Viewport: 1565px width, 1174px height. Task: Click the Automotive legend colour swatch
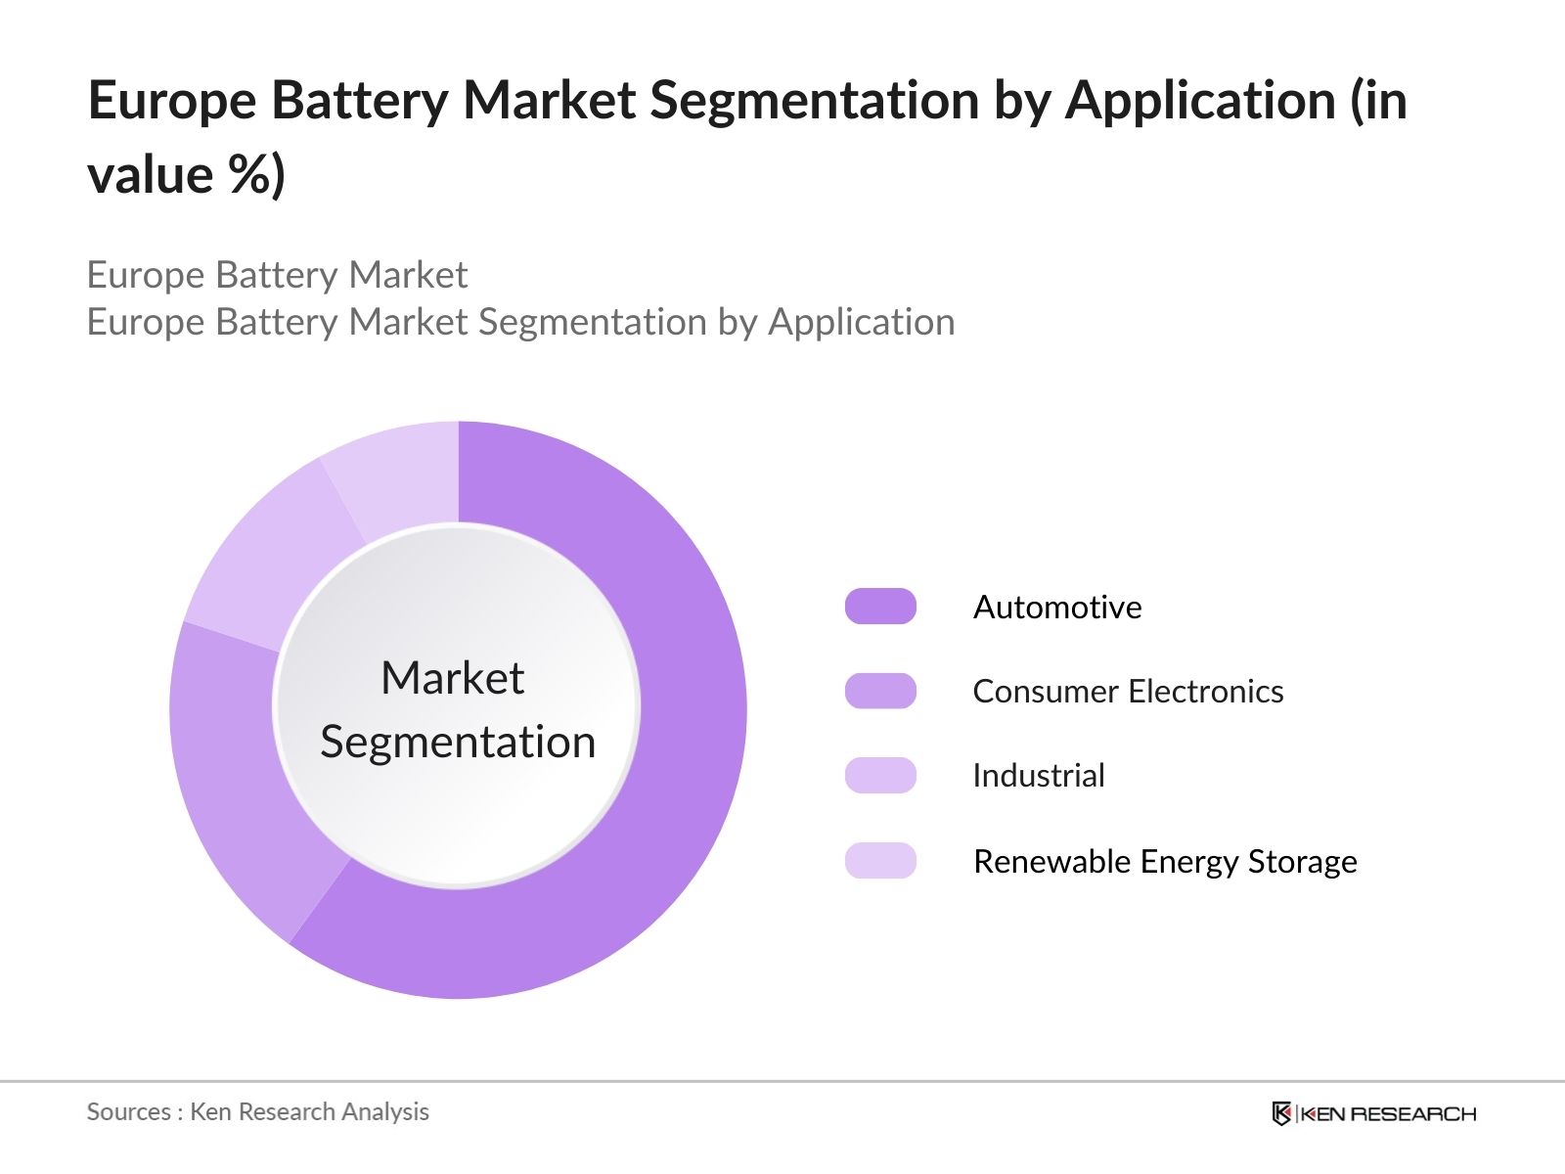tap(880, 607)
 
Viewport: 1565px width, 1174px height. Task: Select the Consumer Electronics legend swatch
tap(880, 691)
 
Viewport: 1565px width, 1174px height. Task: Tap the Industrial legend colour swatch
tap(880, 776)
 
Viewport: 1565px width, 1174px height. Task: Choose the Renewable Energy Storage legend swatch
tap(880, 861)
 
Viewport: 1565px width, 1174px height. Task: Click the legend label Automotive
tap(1057, 608)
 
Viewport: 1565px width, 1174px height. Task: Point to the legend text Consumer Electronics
tap(1128, 692)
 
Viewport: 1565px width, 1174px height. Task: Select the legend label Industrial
tap(1039, 776)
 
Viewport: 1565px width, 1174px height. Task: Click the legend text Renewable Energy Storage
tap(1165, 862)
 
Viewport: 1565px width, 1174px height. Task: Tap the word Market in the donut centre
tap(452, 678)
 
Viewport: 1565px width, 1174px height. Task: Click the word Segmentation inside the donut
tap(458, 742)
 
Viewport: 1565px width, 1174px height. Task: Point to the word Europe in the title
tap(172, 101)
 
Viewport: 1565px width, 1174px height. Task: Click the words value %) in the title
tap(186, 176)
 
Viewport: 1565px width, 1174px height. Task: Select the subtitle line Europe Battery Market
tap(277, 275)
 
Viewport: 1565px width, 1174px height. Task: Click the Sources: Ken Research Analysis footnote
tap(258, 1111)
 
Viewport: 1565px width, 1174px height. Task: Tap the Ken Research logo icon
tap(1281, 1113)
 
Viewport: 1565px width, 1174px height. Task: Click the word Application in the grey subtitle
tap(861, 322)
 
